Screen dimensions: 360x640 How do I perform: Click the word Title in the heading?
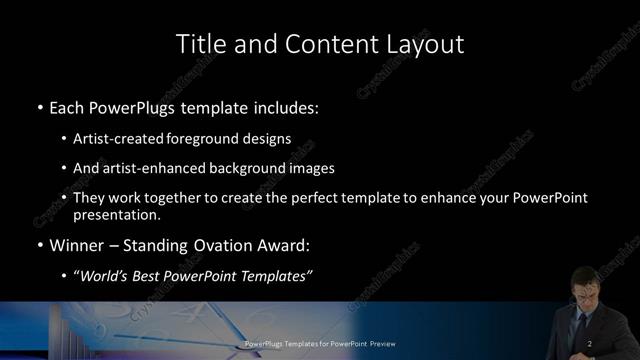[199, 44]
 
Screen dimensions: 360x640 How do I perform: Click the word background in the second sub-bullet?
[239, 168]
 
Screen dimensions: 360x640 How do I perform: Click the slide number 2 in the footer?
[591, 344]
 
